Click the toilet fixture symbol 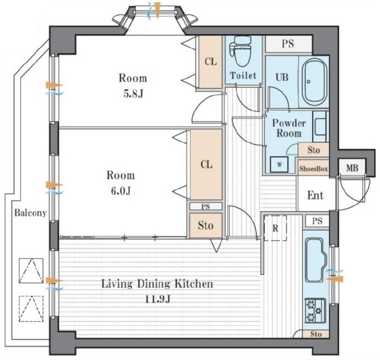coord(240,51)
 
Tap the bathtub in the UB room coord(314,82)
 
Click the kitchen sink coord(315,260)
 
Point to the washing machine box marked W coord(279,165)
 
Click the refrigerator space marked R coord(275,228)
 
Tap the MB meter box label coord(352,168)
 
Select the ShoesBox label coord(313,169)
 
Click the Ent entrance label coord(315,195)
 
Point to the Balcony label coord(30,213)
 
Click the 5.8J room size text coord(133,94)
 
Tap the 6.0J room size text coord(121,191)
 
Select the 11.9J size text coord(158,299)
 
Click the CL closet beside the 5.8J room coord(210,62)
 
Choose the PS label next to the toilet coord(288,43)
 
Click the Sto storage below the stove coord(316,334)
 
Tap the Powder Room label coord(289,128)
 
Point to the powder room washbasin coord(321,127)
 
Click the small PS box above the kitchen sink coord(317,221)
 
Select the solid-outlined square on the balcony coord(31,271)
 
